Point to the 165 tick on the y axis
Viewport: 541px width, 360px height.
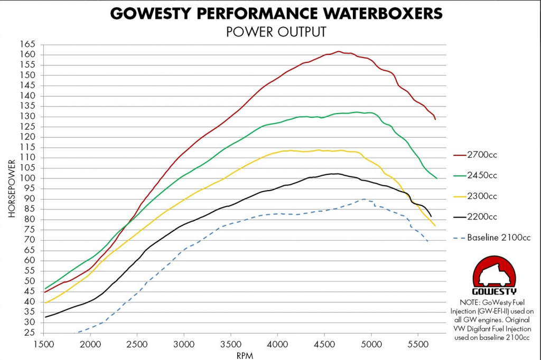coord(27,44)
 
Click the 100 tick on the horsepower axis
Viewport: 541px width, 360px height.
coord(27,178)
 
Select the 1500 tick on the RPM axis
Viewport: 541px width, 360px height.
coord(44,343)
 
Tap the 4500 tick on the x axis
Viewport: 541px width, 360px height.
coord(324,343)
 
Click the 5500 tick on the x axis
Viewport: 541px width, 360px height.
coord(417,343)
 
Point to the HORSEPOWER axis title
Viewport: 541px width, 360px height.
coord(12,188)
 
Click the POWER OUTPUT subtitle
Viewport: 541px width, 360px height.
coord(276,32)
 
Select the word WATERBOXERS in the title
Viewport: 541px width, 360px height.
coord(381,13)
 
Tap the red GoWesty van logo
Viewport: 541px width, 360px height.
coord(495,274)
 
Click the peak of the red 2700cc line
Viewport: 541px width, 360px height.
coord(339,51)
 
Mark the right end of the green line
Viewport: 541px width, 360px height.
coord(437,178)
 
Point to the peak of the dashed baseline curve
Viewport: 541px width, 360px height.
coord(364,199)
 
